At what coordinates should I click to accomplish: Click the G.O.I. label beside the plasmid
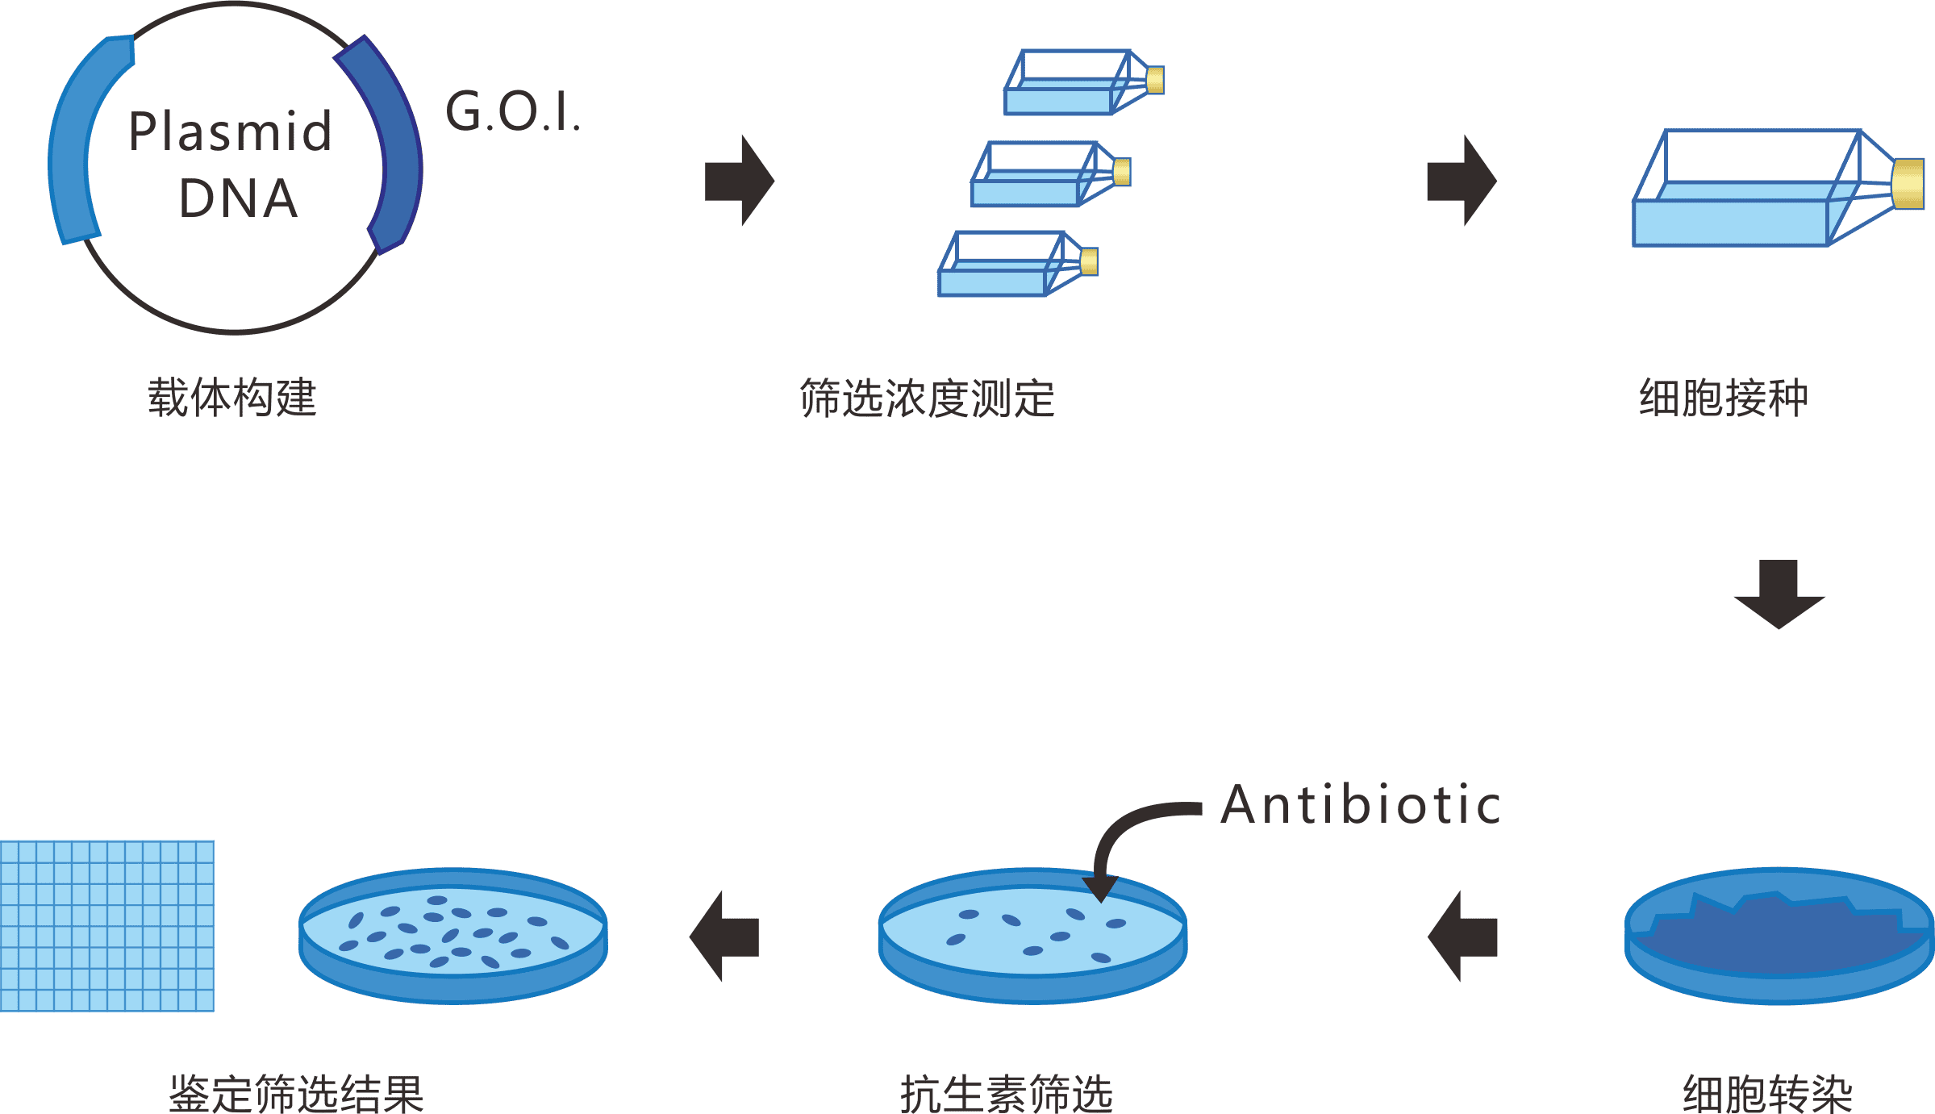click(x=513, y=112)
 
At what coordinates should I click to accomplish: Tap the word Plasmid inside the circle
click(x=230, y=131)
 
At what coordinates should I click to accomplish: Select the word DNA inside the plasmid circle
click(x=238, y=198)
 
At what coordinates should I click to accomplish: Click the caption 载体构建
click(x=232, y=398)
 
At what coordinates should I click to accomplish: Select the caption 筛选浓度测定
click(x=927, y=398)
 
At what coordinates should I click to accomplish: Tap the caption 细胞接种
click(x=1723, y=398)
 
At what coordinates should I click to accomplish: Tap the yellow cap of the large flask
click(x=1908, y=184)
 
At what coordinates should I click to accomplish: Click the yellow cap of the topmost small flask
click(x=1155, y=80)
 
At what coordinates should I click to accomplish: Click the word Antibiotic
click(x=1360, y=805)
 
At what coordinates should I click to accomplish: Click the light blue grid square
click(x=107, y=925)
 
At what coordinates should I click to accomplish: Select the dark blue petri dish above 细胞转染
click(x=1779, y=936)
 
